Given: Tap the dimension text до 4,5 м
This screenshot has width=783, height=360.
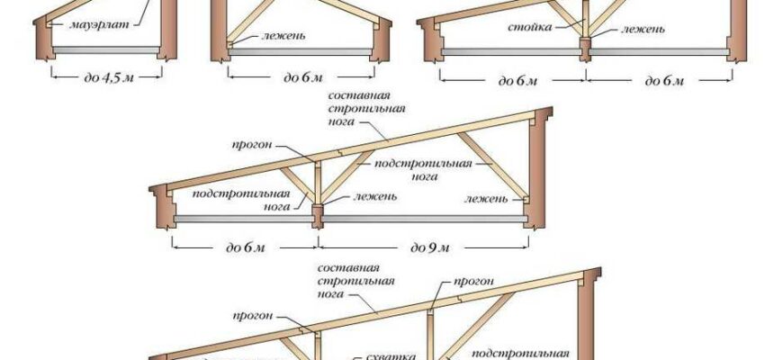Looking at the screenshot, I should click(x=106, y=77).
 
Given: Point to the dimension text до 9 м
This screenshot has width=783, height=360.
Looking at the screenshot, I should click(x=428, y=247).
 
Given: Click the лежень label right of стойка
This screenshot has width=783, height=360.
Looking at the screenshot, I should click(x=643, y=29).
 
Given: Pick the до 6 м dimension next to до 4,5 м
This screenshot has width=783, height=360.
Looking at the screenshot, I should click(x=301, y=77).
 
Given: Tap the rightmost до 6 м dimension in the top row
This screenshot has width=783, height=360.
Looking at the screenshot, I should click(x=665, y=80).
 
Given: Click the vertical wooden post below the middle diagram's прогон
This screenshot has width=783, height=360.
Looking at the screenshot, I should click(x=316, y=184).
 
